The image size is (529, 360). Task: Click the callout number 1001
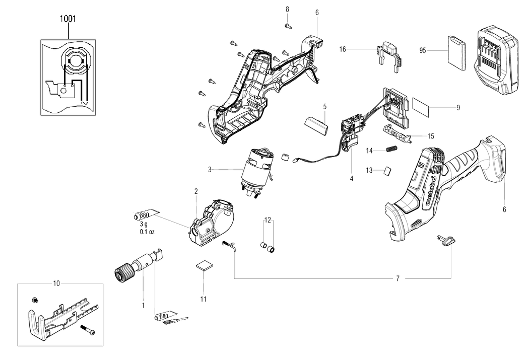point(68,20)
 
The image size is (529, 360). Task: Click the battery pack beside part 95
point(497,60)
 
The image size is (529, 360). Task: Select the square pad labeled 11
point(204,266)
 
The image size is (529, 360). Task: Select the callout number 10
point(56,283)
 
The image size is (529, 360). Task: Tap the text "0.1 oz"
point(148,232)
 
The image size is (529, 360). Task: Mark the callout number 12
point(268,220)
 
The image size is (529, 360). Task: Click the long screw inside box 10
point(90,330)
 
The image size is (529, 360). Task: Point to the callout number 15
point(430,136)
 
